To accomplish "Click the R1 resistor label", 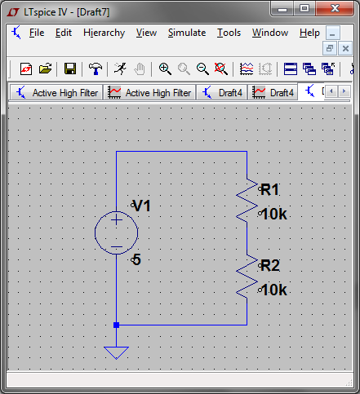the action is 269,189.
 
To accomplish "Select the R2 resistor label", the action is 270,265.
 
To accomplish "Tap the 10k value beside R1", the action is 274,214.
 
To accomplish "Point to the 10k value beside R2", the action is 274,290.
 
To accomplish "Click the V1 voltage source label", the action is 142,206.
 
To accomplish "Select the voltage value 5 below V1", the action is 136,259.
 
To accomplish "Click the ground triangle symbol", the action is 116,353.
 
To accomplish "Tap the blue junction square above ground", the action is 116,325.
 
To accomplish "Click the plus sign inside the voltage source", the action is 117,220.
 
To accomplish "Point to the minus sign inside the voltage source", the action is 117,247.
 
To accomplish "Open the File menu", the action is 37,33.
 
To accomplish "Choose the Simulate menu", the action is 187,33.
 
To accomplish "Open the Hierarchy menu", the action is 104,33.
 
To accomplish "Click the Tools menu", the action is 229,33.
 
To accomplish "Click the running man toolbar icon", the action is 120,69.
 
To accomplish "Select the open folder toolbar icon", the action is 45,69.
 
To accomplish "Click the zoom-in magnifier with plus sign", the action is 165,69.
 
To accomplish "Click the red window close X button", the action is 335,9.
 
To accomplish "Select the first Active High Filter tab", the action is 56,93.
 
